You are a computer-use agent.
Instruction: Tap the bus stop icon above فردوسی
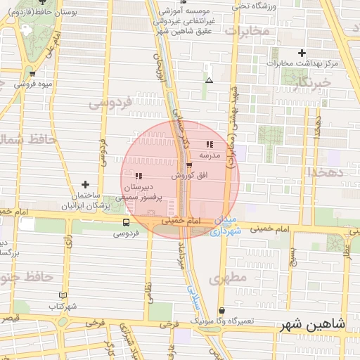click(126, 221)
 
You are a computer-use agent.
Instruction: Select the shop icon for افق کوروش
click(189, 165)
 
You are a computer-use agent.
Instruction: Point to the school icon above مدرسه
click(210, 144)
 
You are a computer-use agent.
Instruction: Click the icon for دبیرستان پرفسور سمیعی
click(139, 176)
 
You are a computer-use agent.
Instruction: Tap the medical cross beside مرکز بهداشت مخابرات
click(302, 53)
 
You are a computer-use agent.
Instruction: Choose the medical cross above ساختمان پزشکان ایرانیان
click(86, 184)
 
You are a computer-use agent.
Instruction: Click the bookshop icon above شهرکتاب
click(63, 296)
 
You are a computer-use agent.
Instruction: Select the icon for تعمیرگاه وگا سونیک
click(222, 310)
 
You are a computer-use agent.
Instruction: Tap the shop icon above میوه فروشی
click(32, 73)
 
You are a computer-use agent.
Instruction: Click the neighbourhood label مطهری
click(229, 278)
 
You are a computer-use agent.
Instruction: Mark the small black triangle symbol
click(208, 81)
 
